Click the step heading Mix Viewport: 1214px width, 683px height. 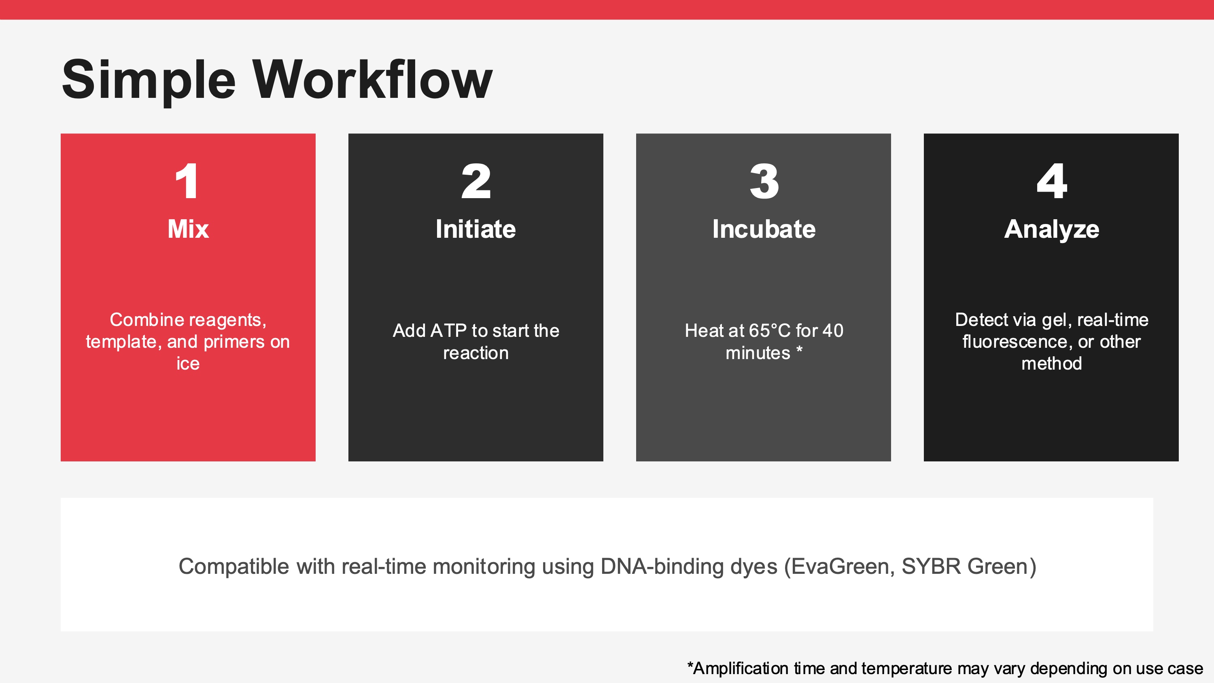click(x=188, y=229)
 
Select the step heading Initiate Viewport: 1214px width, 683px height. click(x=475, y=229)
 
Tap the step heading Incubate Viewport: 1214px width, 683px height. click(x=764, y=229)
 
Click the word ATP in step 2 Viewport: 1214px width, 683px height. click(x=448, y=331)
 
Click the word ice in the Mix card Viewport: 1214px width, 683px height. click(x=188, y=364)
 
